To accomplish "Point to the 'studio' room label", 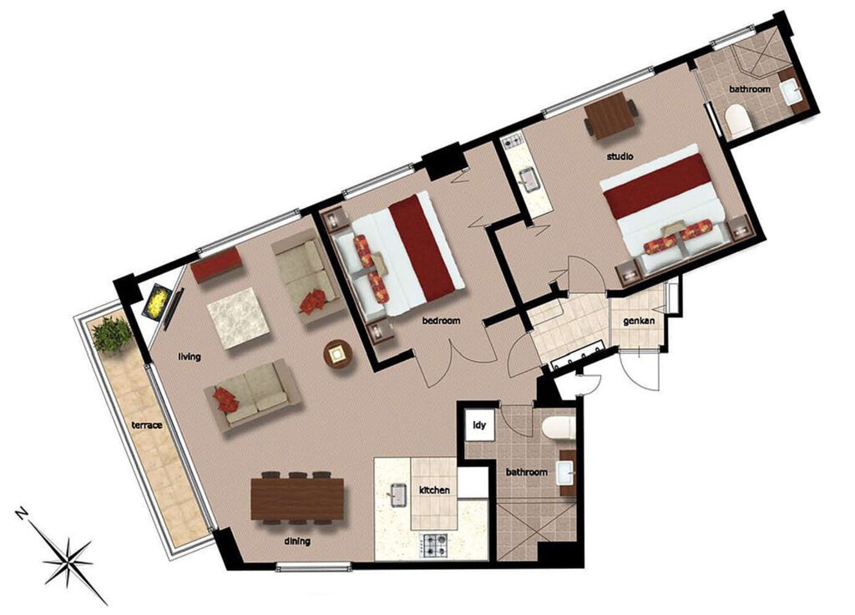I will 620,156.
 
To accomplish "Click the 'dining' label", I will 296,541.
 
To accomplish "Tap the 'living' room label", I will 190,357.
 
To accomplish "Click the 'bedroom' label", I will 441,320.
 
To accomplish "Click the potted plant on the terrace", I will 111,334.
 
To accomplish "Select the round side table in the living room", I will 338,356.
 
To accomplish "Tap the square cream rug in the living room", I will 238,318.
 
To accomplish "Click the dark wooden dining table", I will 297,497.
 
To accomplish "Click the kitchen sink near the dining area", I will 395,499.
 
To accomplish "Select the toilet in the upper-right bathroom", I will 739,122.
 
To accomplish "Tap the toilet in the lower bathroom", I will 556,429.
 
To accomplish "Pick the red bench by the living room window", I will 216,267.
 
